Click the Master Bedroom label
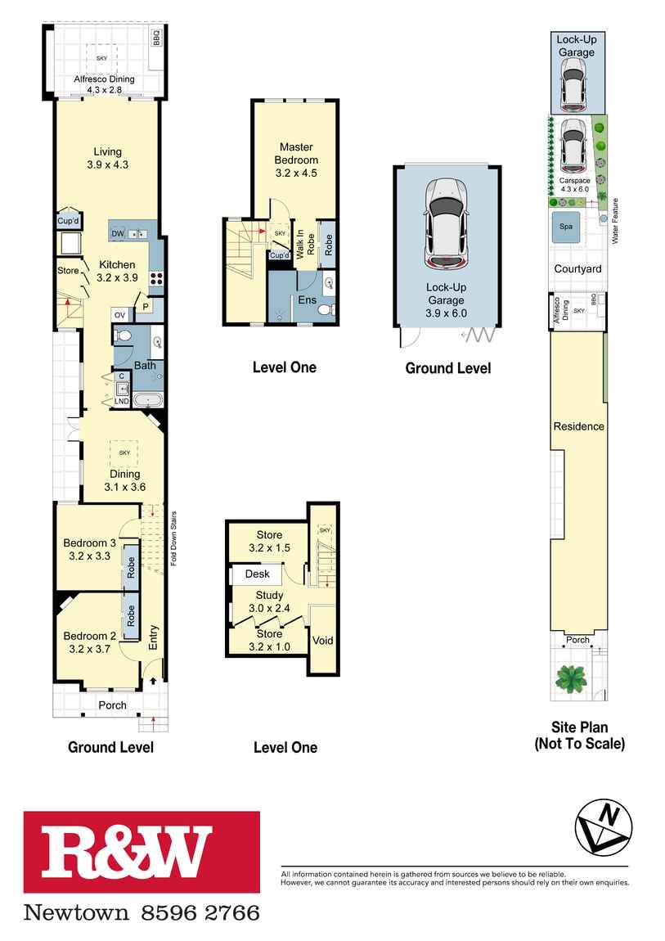click(x=296, y=154)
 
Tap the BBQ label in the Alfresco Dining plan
click(x=157, y=38)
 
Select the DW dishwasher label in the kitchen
click(x=118, y=233)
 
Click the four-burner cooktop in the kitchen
click(x=156, y=278)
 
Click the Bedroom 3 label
click(x=89, y=543)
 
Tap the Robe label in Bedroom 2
click(x=132, y=615)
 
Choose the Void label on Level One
click(x=322, y=641)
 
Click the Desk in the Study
click(x=257, y=574)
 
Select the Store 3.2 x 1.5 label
click(x=269, y=542)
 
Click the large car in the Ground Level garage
click(x=446, y=223)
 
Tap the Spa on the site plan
click(x=566, y=227)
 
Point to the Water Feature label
click(x=614, y=221)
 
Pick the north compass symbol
click(x=603, y=828)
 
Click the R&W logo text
click(x=126, y=851)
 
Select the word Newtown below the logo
click(x=76, y=913)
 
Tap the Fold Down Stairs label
click(x=174, y=538)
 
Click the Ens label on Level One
click(x=307, y=300)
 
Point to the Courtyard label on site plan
click(x=577, y=269)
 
